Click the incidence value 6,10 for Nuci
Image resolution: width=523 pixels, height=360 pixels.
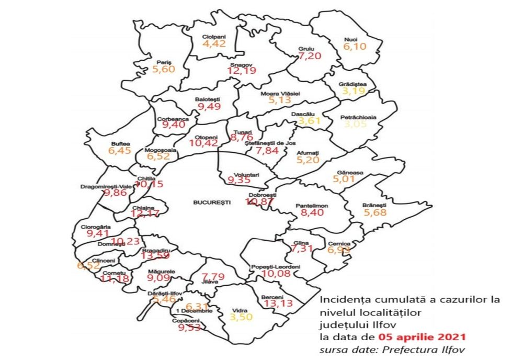pyautogui.click(x=355, y=47)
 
